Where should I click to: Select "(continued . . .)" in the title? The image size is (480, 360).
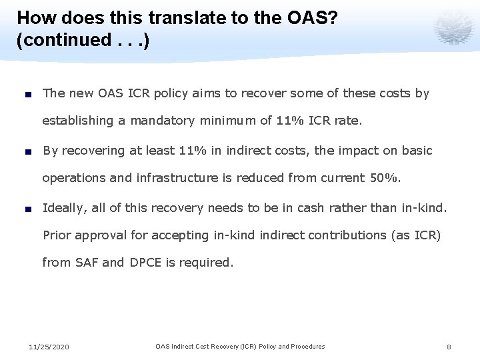(83, 40)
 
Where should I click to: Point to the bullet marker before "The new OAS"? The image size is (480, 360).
(31, 94)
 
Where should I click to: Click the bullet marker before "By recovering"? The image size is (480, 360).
(31, 151)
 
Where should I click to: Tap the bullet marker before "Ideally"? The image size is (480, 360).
(31, 209)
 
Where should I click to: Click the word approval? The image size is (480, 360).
(101, 235)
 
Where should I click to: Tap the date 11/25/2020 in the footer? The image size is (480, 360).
(49, 347)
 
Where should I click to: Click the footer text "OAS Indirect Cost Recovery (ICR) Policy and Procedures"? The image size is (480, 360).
(240, 347)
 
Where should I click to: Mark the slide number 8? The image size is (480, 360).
(449, 347)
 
